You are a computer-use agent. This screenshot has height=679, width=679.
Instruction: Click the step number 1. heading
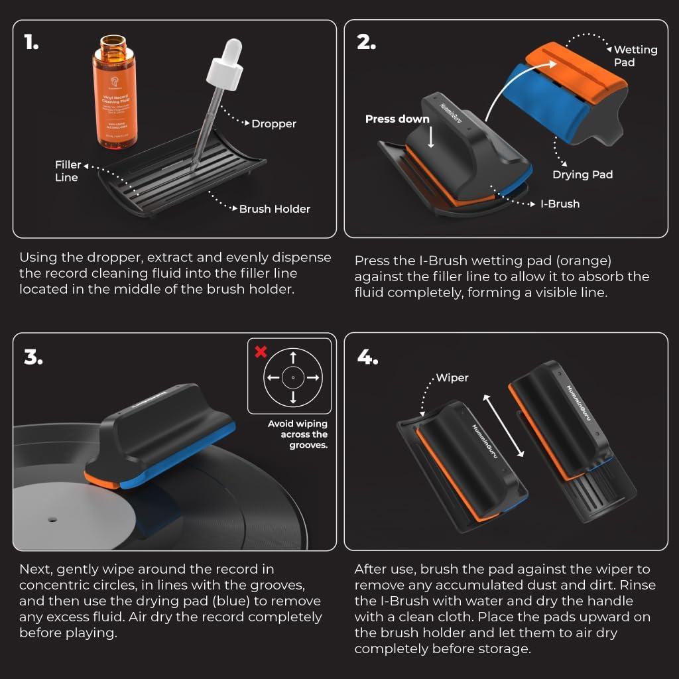[31, 43]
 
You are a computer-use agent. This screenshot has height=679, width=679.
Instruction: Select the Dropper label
[273, 123]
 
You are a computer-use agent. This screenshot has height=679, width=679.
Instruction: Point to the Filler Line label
[68, 171]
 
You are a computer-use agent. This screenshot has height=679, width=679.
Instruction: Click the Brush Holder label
[275, 209]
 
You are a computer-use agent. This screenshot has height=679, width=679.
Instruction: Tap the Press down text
[397, 119]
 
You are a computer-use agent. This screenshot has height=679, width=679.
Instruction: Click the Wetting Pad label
[635, 56]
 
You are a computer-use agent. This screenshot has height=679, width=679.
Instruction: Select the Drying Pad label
[582, 174]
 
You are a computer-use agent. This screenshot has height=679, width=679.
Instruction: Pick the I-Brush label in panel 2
[559, 204]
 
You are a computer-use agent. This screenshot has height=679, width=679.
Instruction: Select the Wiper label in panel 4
[452, 378]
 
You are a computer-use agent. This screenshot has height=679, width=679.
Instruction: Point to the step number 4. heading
[367, 357]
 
